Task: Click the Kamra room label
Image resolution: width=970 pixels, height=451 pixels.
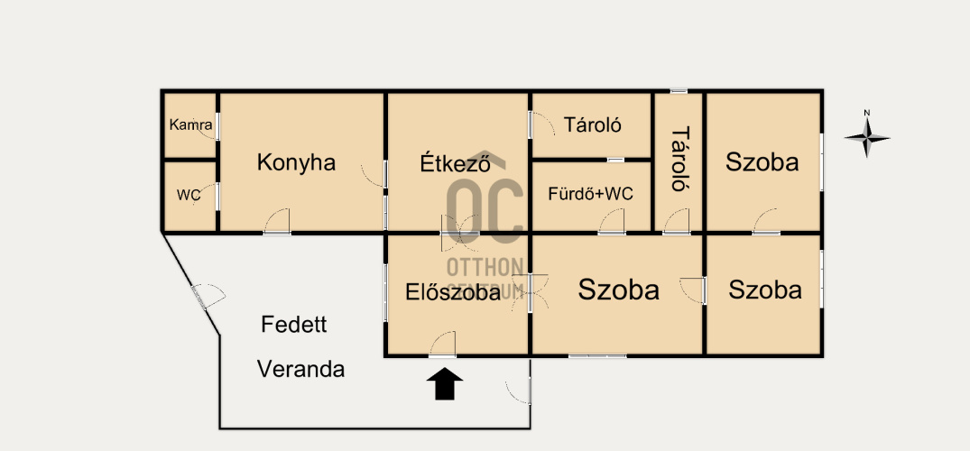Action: (x=191, y=125)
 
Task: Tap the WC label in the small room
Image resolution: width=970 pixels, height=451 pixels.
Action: (x=189, y=196)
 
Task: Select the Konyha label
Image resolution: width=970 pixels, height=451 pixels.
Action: (x=296, y=162)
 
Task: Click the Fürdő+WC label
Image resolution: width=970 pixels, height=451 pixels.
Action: (x=591, y=194)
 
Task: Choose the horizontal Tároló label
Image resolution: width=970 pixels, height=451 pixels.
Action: (x=592, y=125)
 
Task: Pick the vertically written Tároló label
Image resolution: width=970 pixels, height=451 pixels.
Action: (x=680, y=158)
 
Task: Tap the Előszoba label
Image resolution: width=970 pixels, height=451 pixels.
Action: (x=453, y=292)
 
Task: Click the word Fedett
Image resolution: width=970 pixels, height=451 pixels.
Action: (x=294, y=325)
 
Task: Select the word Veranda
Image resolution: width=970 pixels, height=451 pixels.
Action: (x=300, y=369)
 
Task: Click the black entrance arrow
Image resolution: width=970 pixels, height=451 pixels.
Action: (x=445, y=384)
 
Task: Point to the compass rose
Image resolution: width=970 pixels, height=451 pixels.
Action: (x=867, y=138)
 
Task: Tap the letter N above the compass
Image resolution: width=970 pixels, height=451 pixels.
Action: (x=867, y=113)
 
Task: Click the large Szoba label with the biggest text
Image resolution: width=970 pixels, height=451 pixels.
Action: (x=619, y=290)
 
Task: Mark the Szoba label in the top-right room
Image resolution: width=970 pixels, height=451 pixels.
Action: (x=762, y=162)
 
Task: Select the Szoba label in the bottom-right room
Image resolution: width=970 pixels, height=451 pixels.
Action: (x=765, y=290)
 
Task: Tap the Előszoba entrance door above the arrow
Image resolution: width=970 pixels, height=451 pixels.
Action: (x=442, y=345)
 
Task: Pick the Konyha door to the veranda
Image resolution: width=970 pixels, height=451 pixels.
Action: (x=276, y=221)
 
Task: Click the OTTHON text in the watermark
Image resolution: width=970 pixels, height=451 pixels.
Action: (x=485, y=267)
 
